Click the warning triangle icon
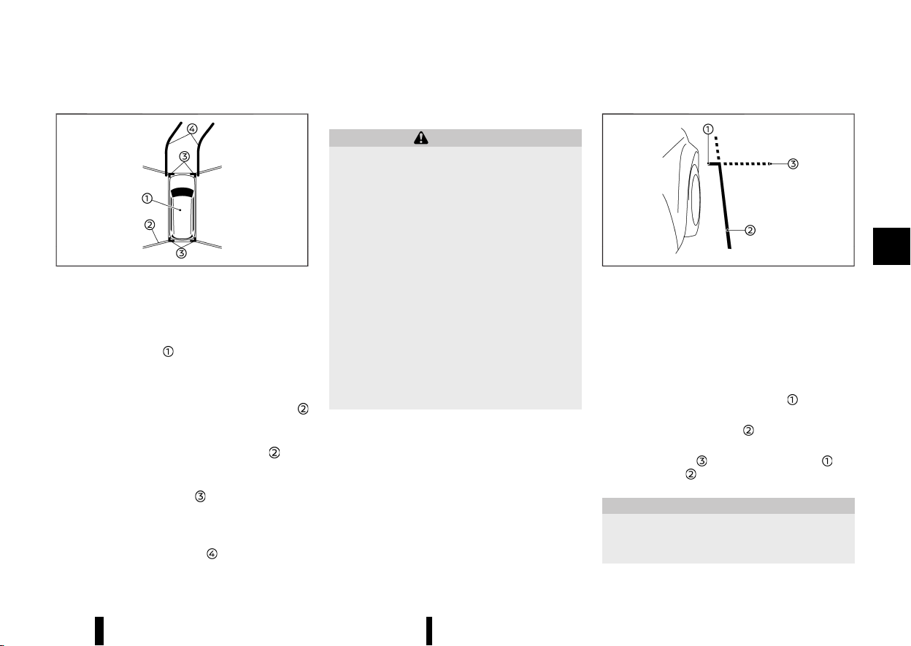(x=421, y=138)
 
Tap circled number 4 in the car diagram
(x=192, y=129)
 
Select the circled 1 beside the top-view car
(x=147, y=199)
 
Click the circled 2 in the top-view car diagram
(x=150, y=225)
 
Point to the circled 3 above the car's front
(x=184, y=157)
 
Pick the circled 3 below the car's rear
(x=181, y=253)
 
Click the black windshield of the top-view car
(x=182, y=192)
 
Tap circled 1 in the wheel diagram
(x=708, y=129)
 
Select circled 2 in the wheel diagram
(x=750, y=230)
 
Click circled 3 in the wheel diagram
(x=793, y=164)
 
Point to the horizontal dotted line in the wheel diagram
(x=747, y=164)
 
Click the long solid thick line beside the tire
(x=724, y=205)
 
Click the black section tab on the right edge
(x=891, y=247)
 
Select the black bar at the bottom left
(x=99, y=631)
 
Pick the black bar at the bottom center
(x=429, y=631)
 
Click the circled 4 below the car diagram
(x=212, y=553)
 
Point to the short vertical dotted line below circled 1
(x=718, y=148)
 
